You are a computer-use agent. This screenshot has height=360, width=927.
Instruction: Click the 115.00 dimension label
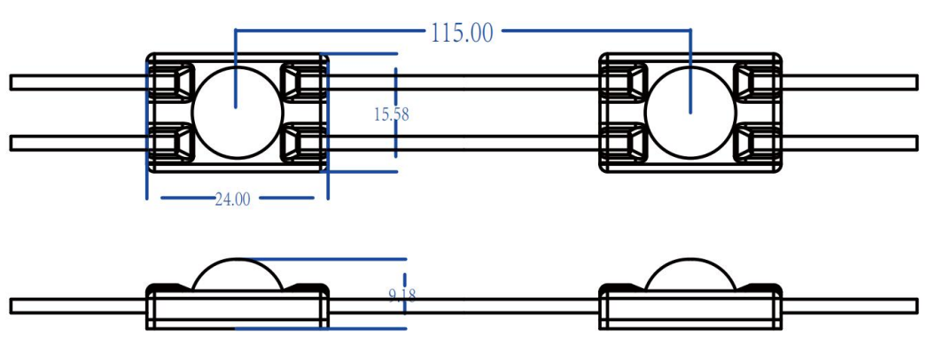(461, 33)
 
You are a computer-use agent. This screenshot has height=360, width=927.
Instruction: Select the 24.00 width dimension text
(232, 200)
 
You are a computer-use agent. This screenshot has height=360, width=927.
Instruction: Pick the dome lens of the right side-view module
(690, 276)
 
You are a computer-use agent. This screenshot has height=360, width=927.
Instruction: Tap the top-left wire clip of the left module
(171, 81)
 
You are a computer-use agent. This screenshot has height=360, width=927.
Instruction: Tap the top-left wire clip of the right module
(625, 81)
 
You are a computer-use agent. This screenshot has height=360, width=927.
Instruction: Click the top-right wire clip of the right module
(757, 81)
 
